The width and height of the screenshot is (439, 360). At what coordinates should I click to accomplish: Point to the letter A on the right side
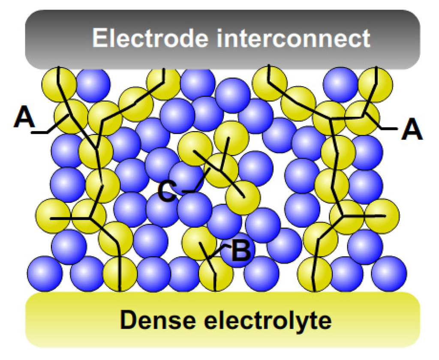[412, 130]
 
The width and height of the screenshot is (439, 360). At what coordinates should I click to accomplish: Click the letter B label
[241, 252]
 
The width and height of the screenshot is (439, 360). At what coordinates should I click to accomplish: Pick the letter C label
[166, 192]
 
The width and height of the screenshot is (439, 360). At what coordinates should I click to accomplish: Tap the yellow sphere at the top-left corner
[59, 84]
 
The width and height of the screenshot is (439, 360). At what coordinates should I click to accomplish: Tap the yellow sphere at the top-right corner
[375, 84]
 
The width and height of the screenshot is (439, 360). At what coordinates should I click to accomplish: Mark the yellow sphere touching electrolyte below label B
[216, 273]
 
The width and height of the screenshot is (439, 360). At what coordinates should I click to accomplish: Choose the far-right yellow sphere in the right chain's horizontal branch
[382, 216]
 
